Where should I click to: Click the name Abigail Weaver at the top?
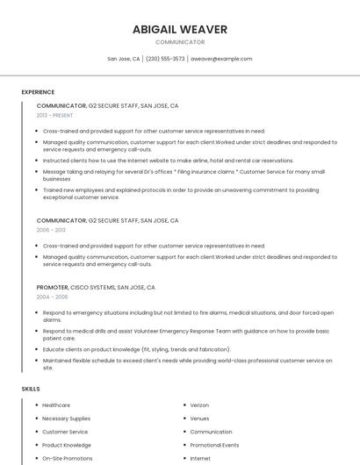180,29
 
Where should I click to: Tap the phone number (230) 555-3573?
165,59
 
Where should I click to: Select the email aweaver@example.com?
221,59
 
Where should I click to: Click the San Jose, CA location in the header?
124,59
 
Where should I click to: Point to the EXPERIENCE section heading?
38,92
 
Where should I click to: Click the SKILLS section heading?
31,388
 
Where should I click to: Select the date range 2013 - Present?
54,115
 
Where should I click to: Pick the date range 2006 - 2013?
51,230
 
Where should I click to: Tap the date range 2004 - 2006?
51,297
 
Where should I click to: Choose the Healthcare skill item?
56,405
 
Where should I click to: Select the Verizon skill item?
199,405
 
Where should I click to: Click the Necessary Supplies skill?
66,418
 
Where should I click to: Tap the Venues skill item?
199,418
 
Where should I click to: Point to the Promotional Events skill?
214,445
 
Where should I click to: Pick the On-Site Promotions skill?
67,458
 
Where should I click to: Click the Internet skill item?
200,458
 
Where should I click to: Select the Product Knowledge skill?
67,445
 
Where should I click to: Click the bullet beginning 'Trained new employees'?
180,194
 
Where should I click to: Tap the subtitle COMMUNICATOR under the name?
180,42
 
